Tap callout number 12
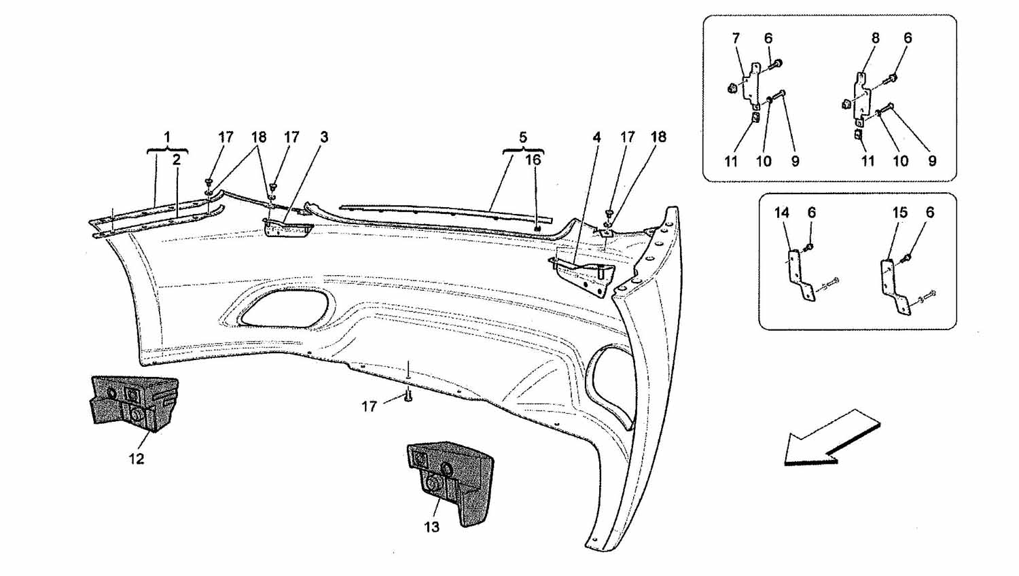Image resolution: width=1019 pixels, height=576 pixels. coord(137,458)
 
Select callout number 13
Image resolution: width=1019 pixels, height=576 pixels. coord(431,527)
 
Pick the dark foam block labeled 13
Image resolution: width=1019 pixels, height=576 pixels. coord(450,482)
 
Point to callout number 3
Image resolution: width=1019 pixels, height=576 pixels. coord(324,137)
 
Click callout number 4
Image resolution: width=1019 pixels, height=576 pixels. coord(596,137)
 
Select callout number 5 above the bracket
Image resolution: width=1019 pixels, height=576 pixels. coord(523,137)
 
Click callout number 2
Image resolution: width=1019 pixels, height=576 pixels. coord(177,159)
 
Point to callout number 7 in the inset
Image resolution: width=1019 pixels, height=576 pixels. coord(736,38)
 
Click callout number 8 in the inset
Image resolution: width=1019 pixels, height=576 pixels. coord(875,38)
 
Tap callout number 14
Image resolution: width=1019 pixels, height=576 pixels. coord(782,213)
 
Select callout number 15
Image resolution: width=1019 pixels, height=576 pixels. coord(899,213)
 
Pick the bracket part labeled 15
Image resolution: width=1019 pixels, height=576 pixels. coord(894,287)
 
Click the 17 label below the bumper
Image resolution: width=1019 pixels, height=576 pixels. coord(370,406)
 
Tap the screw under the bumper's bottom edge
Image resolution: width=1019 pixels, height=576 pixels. coord(408,396)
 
